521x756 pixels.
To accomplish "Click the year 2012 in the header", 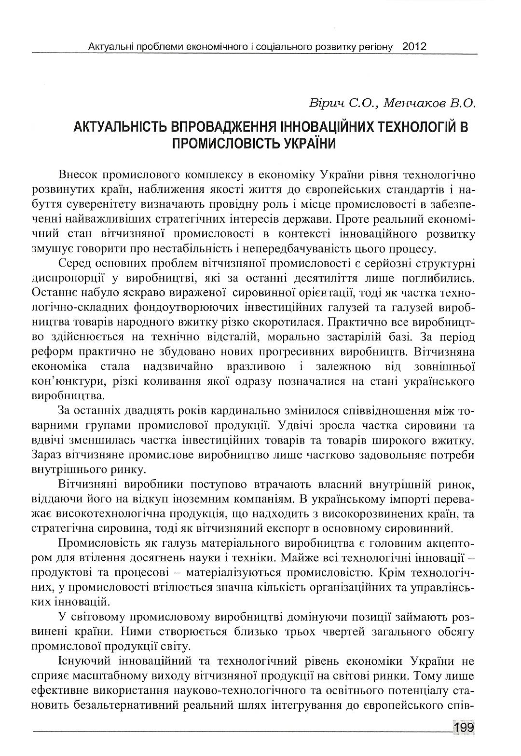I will pos(413,47).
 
